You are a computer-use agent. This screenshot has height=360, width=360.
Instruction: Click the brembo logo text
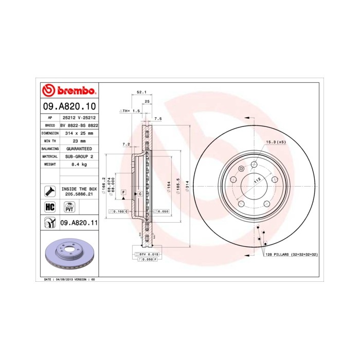pyautogui.click(x=75, y=92)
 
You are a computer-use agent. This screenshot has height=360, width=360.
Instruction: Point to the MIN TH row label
pyautogui.click(x=50, y=140)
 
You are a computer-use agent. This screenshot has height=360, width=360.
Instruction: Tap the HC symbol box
pyautogui.click(x=50, y=206)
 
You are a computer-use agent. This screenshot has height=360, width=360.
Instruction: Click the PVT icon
pyautogui.click(x=69, y=207)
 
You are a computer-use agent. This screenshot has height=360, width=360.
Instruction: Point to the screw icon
pyautogui.click(x=50, y=191)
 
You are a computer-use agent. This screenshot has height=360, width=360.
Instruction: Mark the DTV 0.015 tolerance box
pyautogui.click(x=149, y=255)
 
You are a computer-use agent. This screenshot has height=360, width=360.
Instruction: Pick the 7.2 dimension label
pyautogui.click(x=126, y=145)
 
